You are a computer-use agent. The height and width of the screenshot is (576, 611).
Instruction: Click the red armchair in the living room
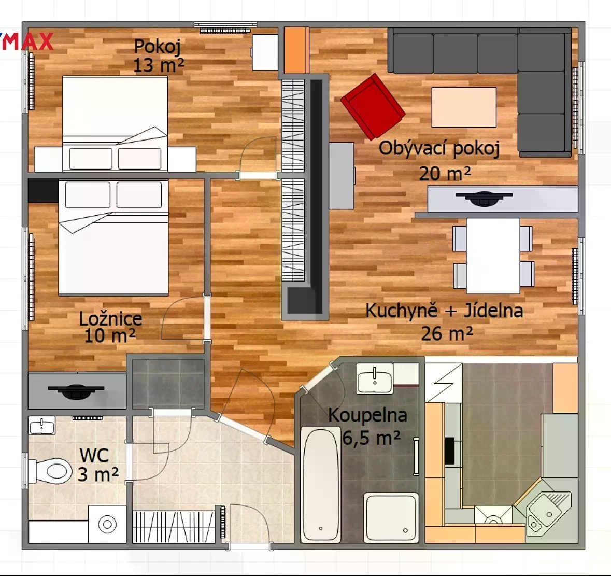(x=373, y=106)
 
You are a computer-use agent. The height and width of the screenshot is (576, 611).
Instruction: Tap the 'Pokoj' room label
(x=157, y=46)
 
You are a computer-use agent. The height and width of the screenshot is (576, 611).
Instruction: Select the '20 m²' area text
(x=445, y=174)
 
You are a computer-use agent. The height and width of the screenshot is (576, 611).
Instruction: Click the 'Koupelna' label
(x=367, y=415)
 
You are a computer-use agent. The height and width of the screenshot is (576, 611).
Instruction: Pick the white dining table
(x=493, y=256)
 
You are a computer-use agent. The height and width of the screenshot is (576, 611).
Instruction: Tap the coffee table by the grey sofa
(x=464, y=107)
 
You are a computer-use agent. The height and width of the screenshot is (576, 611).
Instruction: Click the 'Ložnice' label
(x=111, y=318)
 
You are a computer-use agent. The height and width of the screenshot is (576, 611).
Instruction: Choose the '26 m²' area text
(x=447, y=333)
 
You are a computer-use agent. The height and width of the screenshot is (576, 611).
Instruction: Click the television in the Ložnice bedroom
(x=76, y=391)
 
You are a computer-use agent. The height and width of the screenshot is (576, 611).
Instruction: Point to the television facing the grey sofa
(x=484, y=199)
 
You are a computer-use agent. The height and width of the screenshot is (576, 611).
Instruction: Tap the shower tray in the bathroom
(x=391, y=517)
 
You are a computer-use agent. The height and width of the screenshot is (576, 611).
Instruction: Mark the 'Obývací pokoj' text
(x=439, y=148)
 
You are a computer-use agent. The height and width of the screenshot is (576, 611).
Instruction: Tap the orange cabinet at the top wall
(x=296, y=50)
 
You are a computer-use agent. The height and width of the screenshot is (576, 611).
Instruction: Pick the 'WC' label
(x=94, y=455)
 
